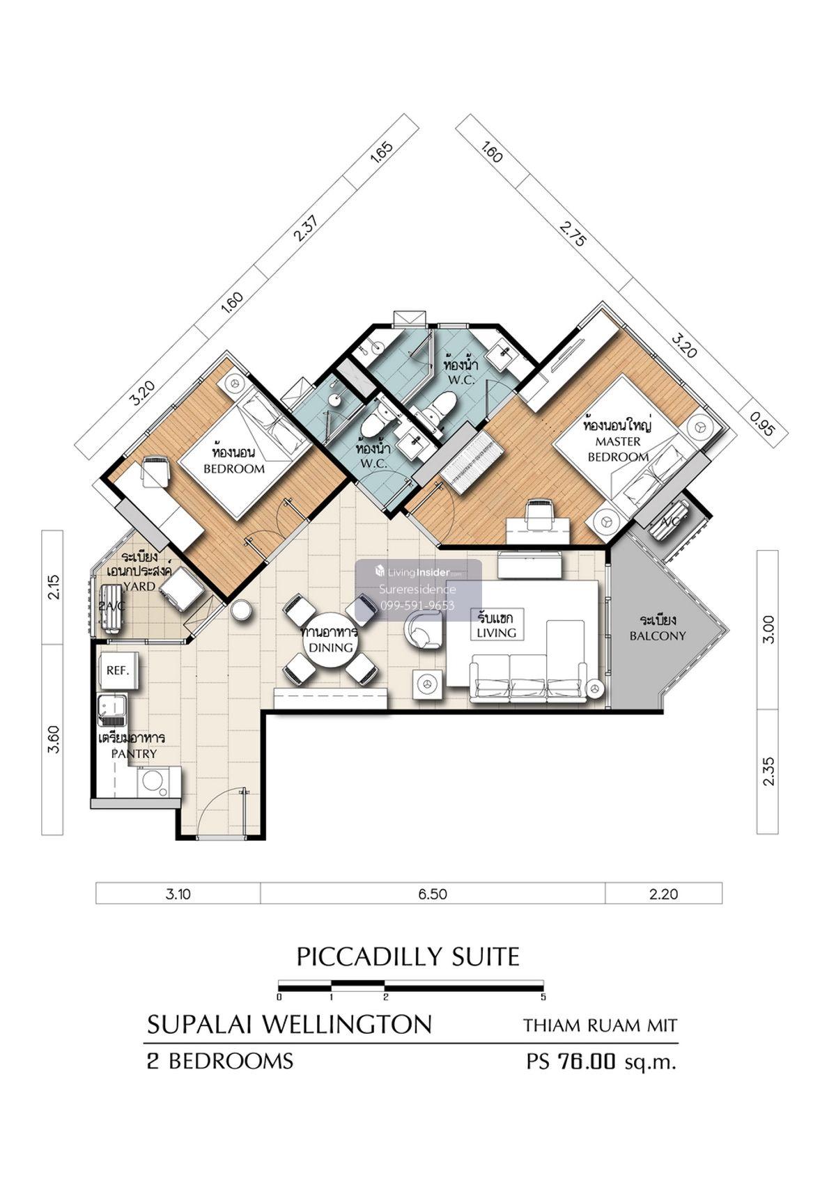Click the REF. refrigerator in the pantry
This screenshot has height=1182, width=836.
coord(119,670)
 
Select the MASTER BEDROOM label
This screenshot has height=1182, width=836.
coord(617,449)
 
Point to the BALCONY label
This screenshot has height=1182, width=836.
coord(658,636)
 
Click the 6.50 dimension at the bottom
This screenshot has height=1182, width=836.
coord(432,894)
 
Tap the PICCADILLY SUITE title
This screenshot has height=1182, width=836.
coord(408,956)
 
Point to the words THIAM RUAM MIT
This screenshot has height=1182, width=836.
coord(600,1025)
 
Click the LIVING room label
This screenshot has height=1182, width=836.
coord(496,632)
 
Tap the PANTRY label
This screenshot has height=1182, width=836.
coord(134,754)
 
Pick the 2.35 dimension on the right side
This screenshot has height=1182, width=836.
coord(768,771)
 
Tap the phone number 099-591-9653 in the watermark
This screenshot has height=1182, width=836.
coord(417,606)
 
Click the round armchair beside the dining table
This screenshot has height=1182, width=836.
coord(422,631)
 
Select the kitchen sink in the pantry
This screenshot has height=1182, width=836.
coord(112,709)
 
